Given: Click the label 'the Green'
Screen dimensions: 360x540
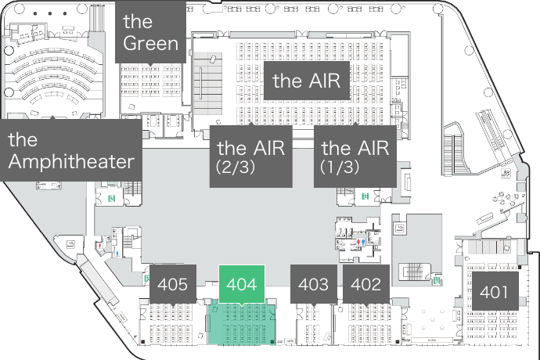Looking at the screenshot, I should pos(151,31).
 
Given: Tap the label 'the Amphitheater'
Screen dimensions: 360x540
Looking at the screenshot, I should pos(71,151).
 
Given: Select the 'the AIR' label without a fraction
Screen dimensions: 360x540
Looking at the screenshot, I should pos(310,81).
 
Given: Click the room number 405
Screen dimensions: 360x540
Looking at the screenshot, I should pos(172,285).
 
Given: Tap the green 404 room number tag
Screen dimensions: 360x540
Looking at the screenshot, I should pos(241,285).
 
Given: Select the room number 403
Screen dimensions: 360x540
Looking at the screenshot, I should pos(314,285).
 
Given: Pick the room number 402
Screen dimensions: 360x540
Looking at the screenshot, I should pos(366,285).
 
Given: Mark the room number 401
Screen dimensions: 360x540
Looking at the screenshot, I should pos(494,293).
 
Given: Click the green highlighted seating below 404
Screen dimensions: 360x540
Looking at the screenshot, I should pos(242,322).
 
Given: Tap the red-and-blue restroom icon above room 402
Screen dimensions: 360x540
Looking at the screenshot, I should pos(359,243).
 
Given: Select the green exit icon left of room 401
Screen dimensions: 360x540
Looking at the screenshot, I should pos(436,277).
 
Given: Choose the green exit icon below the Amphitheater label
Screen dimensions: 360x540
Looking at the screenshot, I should pos(111,198).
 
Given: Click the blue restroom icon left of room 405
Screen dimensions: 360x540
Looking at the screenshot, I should pos(117,254).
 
